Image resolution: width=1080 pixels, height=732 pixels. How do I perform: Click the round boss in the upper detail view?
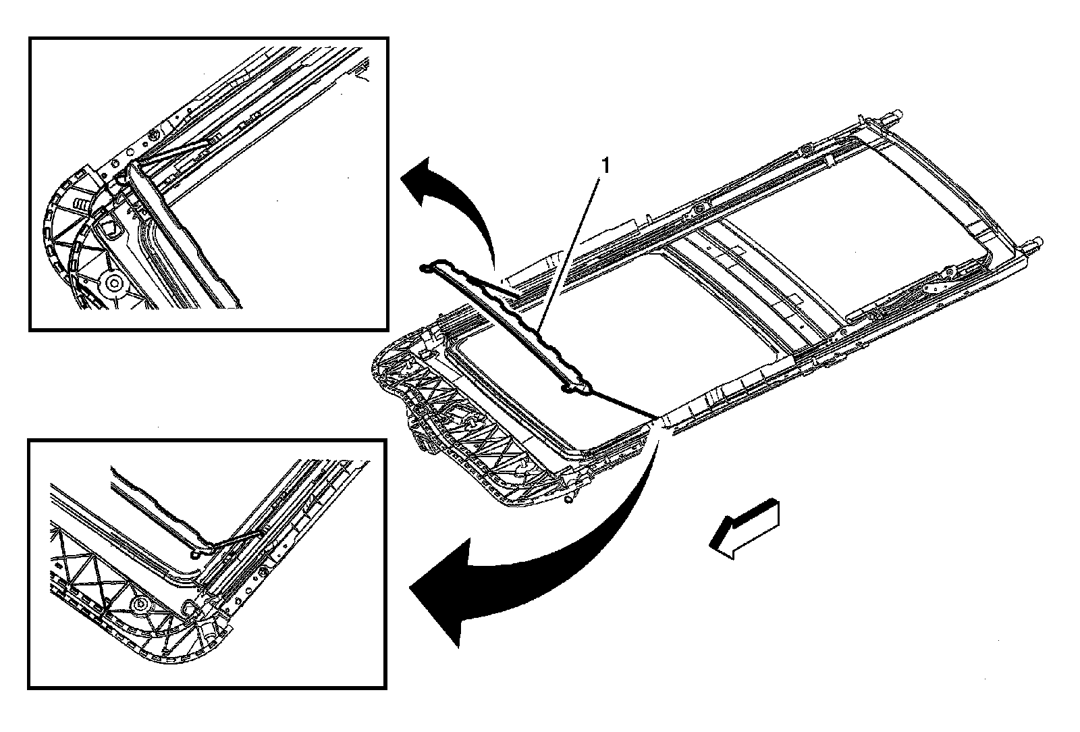pyautogui.click(x=113, y=282)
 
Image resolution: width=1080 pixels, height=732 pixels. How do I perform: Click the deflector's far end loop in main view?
pyautogui.click(x=426, y=268)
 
